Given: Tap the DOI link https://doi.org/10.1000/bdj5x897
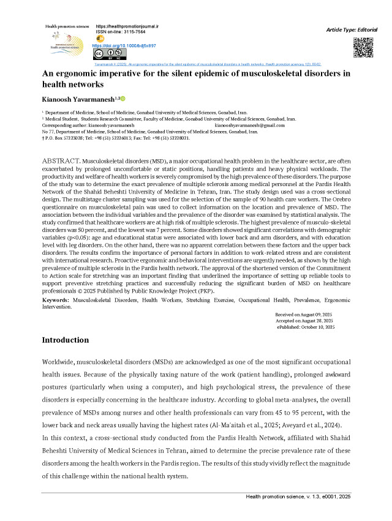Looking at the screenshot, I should tap(124, 46).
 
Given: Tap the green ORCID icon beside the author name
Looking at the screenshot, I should tap(123, 99).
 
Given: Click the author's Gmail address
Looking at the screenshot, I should tap(251, 125).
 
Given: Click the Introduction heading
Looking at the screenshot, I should tap(65, 340).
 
